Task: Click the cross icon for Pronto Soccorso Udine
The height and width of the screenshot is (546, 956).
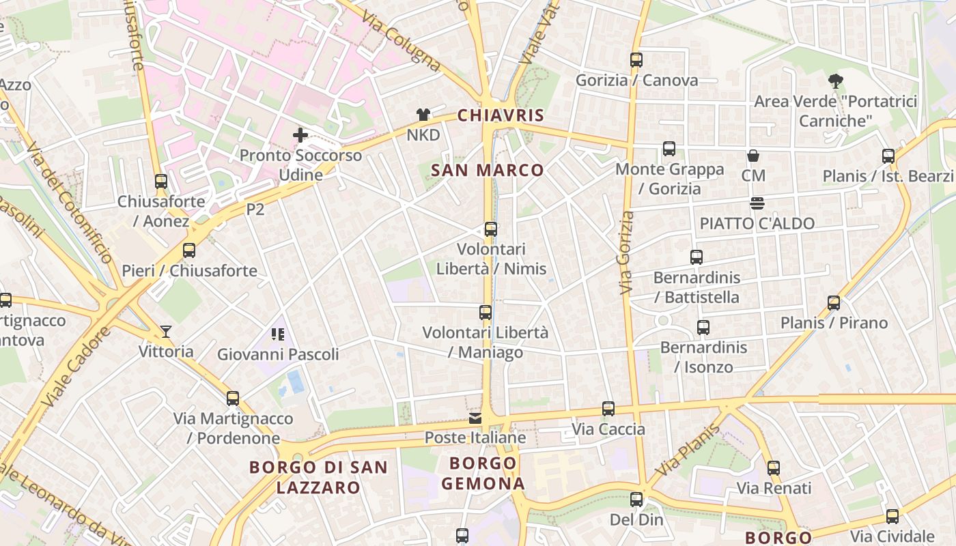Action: click(300, 135)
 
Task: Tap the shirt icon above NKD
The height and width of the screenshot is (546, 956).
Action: click(423, 115)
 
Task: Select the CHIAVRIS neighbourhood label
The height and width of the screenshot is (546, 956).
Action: click(501, 115)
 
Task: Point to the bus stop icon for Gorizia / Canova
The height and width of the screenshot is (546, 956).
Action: click(636, 60)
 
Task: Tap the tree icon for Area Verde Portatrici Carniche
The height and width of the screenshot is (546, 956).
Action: click(835, 81)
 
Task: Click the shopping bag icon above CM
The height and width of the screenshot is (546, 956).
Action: click(753, 156)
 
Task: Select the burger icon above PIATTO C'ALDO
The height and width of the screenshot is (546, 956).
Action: click(757, 203)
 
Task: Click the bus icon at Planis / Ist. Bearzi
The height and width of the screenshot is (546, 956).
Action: click(888, 156)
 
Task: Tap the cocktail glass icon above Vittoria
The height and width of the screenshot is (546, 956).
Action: click(166, 332)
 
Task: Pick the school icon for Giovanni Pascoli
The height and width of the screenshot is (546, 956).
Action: click(277, 334)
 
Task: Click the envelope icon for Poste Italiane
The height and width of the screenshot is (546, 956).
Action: click(475, 418)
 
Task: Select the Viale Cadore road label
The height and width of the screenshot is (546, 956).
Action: click(76, 367)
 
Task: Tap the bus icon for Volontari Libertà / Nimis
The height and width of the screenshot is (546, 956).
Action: click(490, 229)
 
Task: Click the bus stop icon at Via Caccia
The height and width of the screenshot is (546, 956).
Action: click(608, 409)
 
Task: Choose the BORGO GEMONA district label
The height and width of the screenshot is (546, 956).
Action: click(483, 474)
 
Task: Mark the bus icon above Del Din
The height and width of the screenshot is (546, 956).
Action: click(636, 500)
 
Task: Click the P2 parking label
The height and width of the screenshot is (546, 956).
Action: click(255, 210)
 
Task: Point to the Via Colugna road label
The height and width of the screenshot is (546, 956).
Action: click(401, 42)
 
